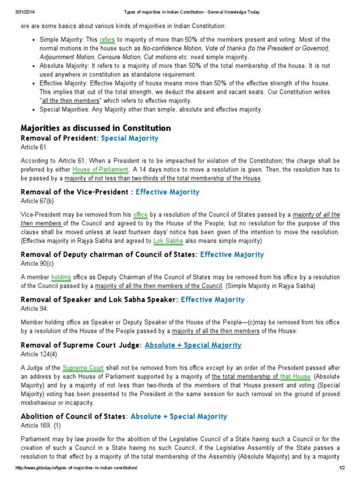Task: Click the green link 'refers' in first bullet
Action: [107, 40]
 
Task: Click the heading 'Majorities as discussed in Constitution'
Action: [96, 128]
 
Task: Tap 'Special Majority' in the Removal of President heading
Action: [130, 138]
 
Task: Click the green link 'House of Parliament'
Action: [100, 170]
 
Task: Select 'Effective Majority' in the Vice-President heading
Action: [167, 192]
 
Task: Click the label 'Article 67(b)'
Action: [37, 201]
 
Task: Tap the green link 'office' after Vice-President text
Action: [140, 215]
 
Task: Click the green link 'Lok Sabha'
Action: [166, 241]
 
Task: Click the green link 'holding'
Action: [61, 277]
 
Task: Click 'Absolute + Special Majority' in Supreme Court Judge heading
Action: [193, 345]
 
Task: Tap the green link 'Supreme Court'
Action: [83, 368]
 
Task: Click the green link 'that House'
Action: [295, 376]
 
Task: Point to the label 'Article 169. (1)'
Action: [41, 426]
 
